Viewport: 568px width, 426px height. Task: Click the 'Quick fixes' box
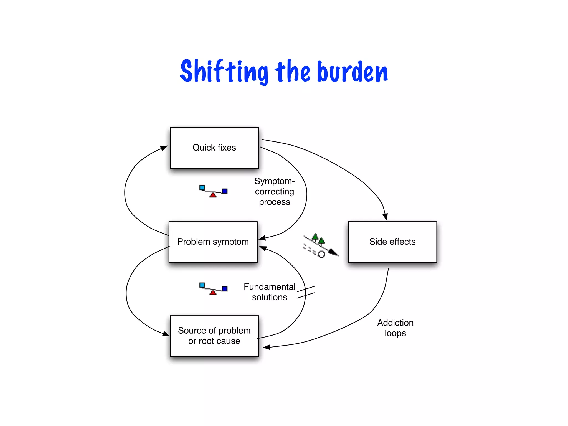tap(214, 148)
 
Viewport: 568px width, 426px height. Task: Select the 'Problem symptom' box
tap(213, 242)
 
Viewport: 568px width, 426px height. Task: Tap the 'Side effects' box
tap(392, 242)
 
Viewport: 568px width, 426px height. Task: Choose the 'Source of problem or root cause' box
tap(214, 336)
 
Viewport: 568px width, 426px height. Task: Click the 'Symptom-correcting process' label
tap(274, 191)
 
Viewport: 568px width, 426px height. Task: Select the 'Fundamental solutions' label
tap(269, 292)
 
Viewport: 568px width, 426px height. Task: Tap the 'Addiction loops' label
tap(395, 328)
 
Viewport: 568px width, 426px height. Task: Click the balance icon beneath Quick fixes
tap(213, 191)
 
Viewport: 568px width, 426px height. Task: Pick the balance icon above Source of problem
tap(213, 289)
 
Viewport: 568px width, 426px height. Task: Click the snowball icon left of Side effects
tap(320, 246)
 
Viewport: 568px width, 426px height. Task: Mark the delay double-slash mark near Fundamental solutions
tap(306, 292)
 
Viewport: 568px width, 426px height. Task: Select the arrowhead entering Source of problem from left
tap(166, 334)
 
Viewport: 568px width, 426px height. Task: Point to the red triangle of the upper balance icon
tap(213, 195)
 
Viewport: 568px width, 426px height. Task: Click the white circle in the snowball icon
tap(321, 254)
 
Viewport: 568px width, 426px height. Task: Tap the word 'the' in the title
tap(293, 72)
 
